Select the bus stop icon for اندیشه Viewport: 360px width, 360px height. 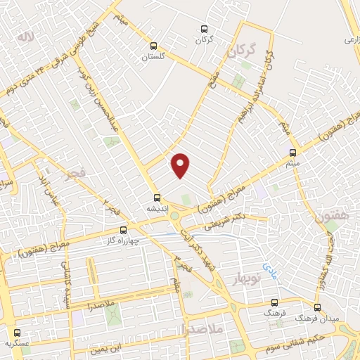[158, 198]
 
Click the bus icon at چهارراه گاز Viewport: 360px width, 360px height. [124, 229]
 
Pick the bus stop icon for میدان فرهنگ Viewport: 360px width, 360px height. [316, 307]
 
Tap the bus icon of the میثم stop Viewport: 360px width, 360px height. [293, 152]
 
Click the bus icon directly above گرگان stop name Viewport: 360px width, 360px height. [203, 29]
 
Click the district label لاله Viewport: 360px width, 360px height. [26, 36]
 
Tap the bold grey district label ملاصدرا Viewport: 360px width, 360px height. [202, 328]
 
